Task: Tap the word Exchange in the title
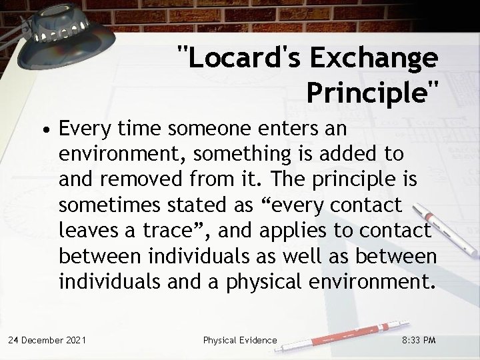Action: [364, 59]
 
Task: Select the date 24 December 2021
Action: [47, 340]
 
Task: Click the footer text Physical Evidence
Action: [240, 340]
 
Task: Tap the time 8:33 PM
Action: [420, 340]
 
